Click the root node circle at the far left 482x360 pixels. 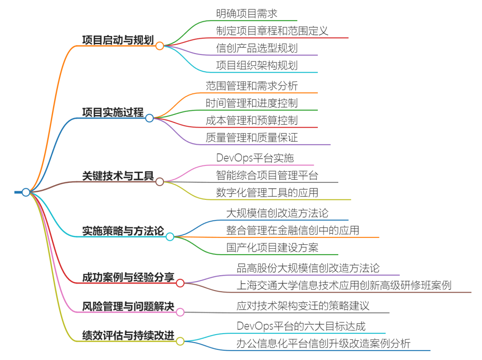click(26, 192)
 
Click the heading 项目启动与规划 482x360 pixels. click(118, 40)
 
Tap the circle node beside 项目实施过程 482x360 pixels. click(150, 118)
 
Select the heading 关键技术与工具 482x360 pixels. click(118, 176)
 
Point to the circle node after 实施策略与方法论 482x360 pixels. click(170, 237)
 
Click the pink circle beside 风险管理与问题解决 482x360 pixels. click(180, 312)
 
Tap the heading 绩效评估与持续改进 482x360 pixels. click(128, 335)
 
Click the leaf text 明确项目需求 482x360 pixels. click(246, 13)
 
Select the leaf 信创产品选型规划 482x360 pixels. click(257, 48)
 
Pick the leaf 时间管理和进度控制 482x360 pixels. click(252, 103)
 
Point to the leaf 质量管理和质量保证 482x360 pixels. click(252, 137)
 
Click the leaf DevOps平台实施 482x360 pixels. click(255, 158)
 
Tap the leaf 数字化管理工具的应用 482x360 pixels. click(267, 192)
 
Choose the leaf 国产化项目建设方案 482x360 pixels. click(272, 248)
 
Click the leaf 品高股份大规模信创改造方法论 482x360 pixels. click(308, 268)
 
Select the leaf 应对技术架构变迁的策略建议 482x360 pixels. click(303, 306)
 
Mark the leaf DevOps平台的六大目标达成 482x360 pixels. click(301, 326)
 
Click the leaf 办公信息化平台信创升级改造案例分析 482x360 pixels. click(324, 343)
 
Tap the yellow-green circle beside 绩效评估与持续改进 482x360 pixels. click(180, 341)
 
